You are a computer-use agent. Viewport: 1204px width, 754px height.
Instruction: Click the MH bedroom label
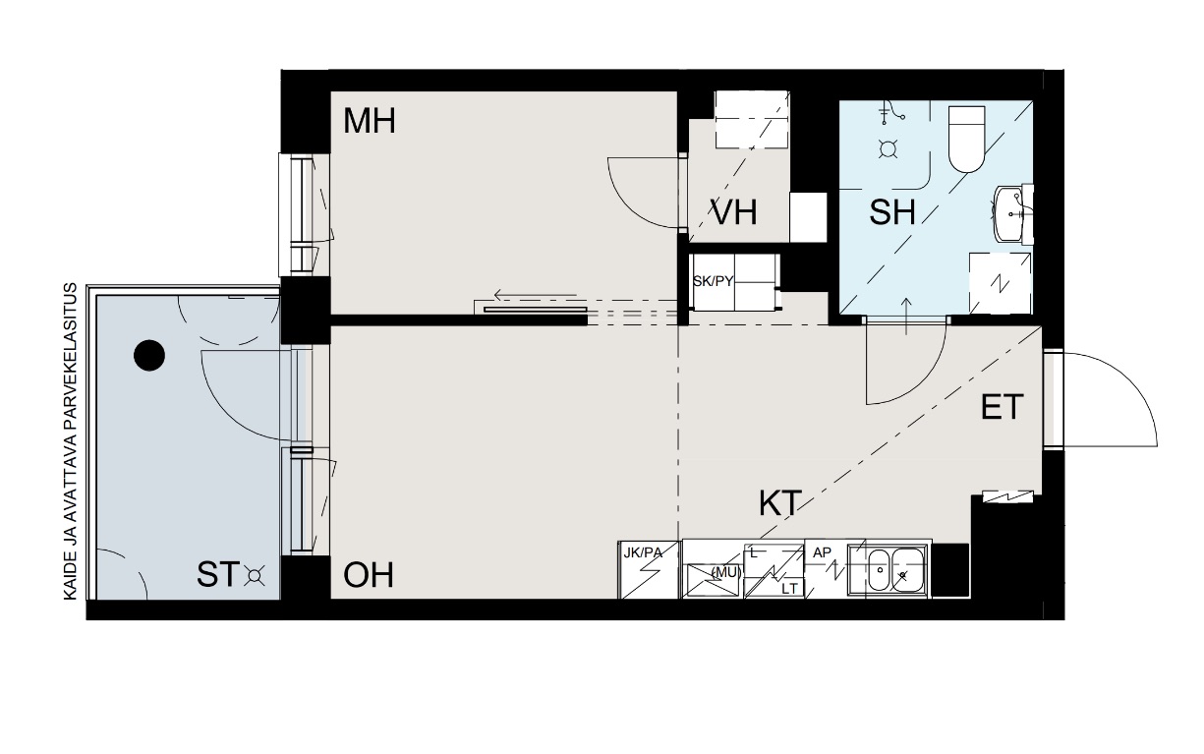[370, 122]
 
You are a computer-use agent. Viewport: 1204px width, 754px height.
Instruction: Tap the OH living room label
[369, 575]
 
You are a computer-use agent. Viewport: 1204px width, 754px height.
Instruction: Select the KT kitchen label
[780, 503]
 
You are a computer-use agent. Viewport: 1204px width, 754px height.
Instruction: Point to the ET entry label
[1002, 407]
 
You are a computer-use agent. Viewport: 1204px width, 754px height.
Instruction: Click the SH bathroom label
[892, 211]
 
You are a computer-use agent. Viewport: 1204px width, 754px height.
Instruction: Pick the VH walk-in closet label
[734, 212]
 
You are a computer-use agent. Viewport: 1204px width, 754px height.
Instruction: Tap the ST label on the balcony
[217, 574]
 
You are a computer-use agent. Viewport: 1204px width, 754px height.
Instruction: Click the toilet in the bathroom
[966, 140]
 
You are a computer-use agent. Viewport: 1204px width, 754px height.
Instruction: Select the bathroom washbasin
[1012, 213]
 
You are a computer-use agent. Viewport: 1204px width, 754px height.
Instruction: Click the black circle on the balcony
[149, 355]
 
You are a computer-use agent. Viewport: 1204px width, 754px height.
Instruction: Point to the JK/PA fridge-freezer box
[649, 569]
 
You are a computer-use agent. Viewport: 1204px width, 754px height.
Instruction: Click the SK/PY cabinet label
[713, 281]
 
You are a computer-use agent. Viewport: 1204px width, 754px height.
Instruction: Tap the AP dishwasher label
[822, 553]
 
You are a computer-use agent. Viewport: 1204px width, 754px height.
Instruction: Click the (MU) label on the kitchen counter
[725, 572]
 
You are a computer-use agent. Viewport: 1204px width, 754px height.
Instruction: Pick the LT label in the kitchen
[789, 589]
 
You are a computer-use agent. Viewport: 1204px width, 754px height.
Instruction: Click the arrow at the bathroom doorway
[907, 317]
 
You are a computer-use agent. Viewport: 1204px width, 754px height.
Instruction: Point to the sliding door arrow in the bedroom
[536, 295]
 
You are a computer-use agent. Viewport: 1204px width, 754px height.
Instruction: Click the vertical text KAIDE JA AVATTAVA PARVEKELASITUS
[72, 441]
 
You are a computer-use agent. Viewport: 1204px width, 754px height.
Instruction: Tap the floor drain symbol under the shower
[888, 148]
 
